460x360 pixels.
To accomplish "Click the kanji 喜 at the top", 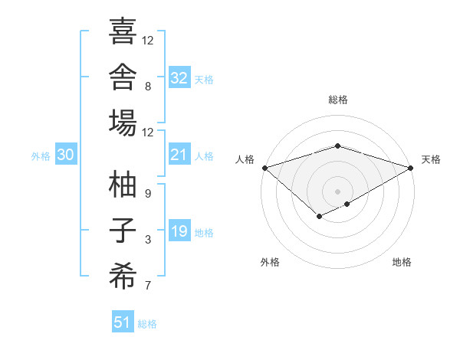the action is [x=123, y=31].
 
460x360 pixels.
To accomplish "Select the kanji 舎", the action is [x=123, y=77].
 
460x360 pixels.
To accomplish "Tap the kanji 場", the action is [x=123, y=123].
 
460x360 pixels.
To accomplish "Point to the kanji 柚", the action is [x=123, y=184].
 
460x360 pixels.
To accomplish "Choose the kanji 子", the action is [x=123, y=230].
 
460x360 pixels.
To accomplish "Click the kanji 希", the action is [x=123, y=276].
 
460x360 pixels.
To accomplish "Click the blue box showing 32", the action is [x=179, y=77].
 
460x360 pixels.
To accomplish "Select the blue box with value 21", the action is [x=179, y=154].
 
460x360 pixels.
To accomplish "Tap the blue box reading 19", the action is [x=179, y=230].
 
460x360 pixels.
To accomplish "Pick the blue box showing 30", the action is [x=66, y=154].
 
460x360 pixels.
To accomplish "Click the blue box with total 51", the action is [x=123, y=321].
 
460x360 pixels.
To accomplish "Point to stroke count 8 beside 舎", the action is [x=148, y=87].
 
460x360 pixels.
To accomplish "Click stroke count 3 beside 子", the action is [x=148, y=240].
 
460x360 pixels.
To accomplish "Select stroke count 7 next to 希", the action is [x=148, y=285].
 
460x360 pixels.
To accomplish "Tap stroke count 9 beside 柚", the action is [x=148, y=194].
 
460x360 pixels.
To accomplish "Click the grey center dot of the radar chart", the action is [x=337, y=192].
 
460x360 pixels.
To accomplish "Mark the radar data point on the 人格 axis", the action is [x=265, y=168].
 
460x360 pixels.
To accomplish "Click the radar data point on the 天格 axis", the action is [x=411, y=168].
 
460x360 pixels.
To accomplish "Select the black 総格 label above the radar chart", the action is [x=338, y=100].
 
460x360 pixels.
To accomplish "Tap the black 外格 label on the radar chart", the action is [x=270, y=262].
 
